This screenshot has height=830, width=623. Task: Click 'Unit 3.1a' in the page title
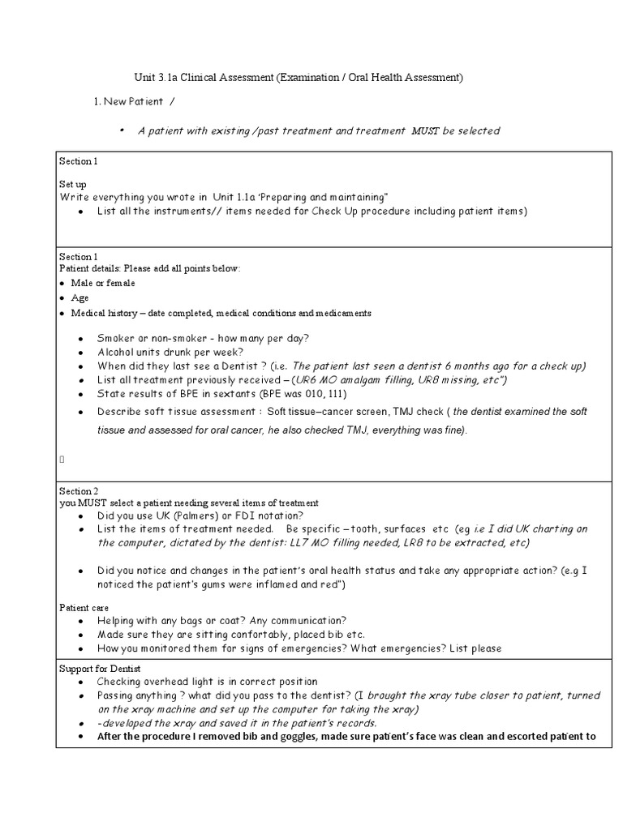click(155, 78)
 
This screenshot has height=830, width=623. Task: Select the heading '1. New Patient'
click(131, 101)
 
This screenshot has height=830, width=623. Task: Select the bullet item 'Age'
click(79, 297)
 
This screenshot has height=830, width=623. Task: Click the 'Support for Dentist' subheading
click(101, 668)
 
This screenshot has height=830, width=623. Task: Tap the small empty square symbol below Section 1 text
click(62, 459)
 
